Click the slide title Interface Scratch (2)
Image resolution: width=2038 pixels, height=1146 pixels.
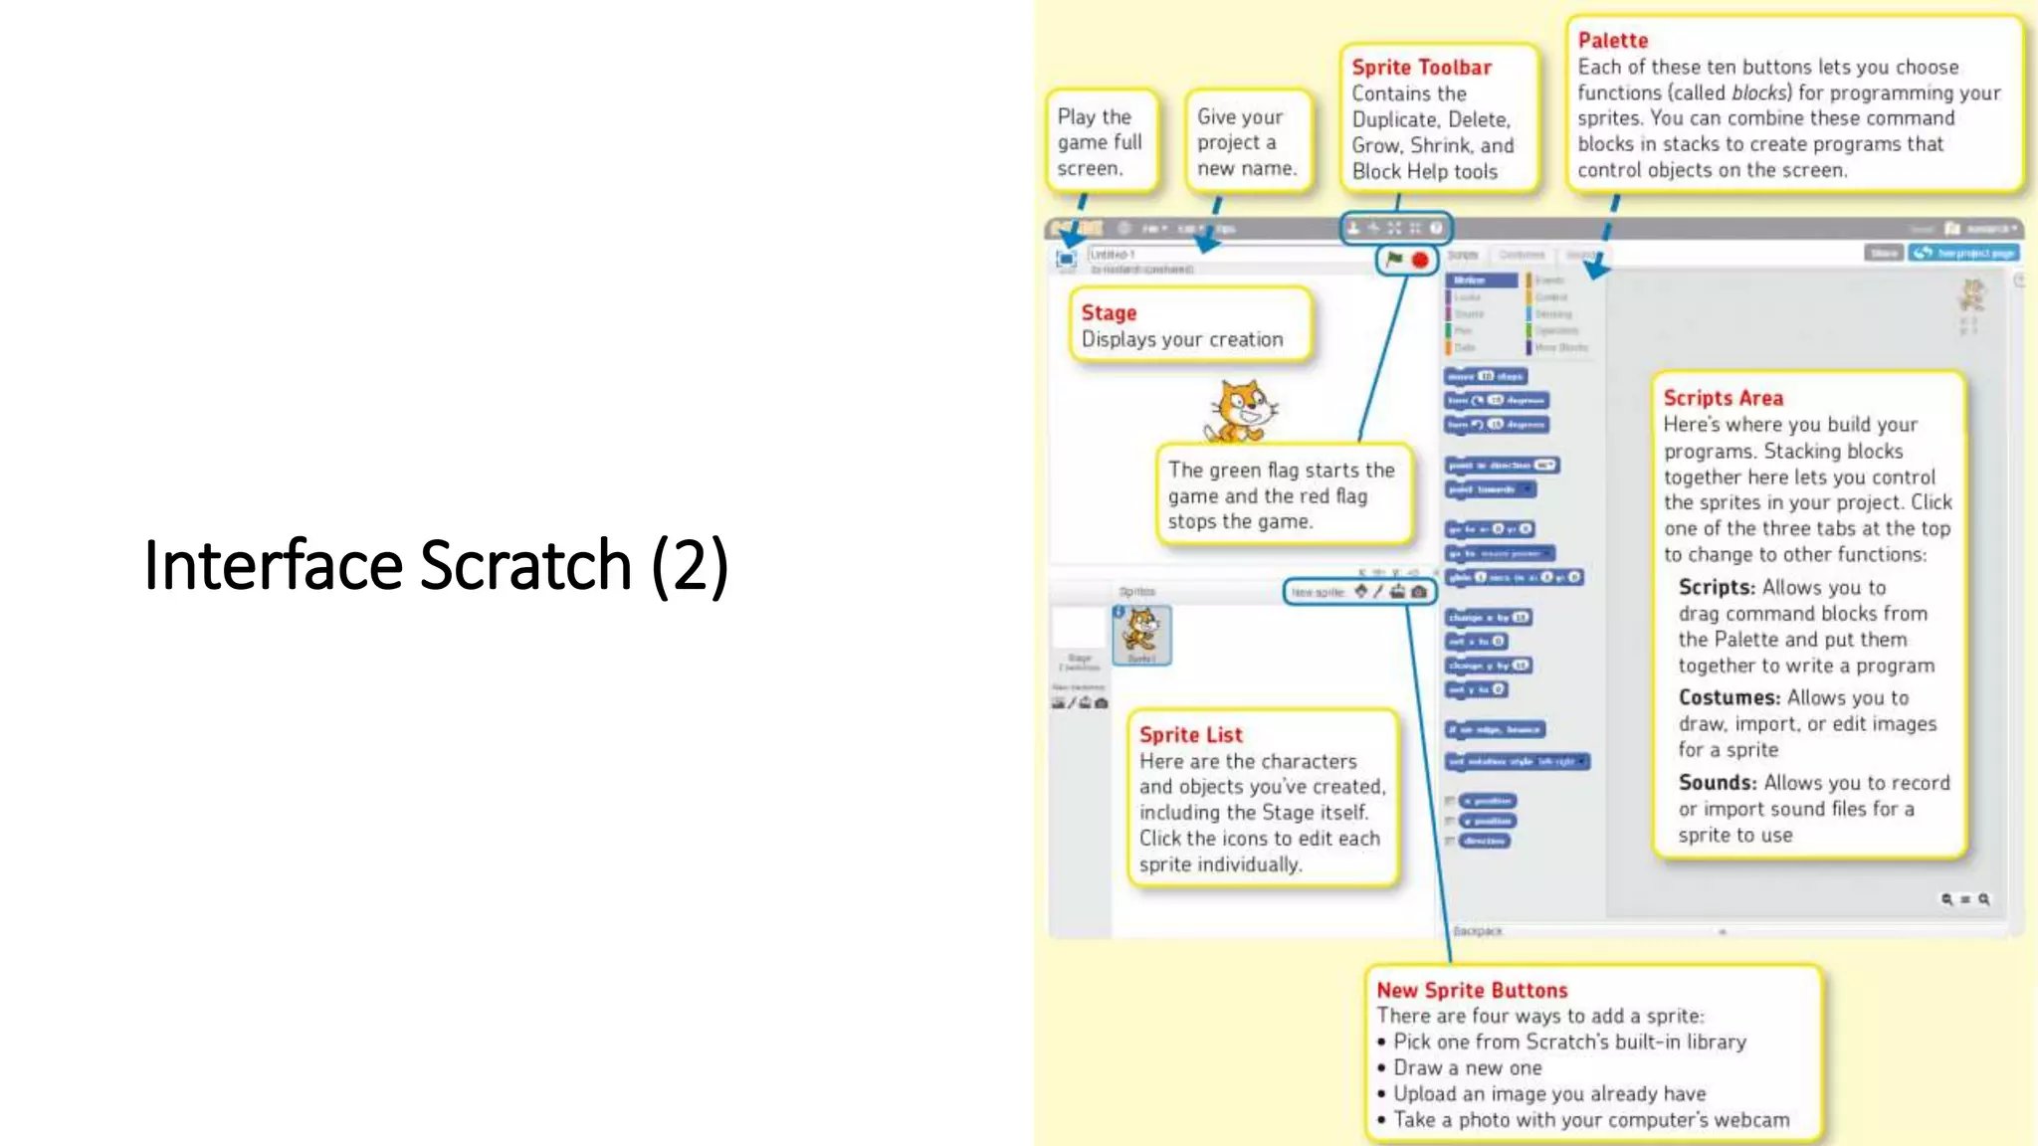pos(436,565)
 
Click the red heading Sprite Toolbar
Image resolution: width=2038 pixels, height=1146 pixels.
pos(1421,68)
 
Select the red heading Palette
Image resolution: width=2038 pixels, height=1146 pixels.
pos(1612,41)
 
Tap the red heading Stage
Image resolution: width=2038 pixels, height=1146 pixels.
pos(1109,313)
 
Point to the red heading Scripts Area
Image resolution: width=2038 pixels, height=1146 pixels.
pos(1723,398)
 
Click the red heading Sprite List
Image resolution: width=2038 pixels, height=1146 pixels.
pos(1190,735)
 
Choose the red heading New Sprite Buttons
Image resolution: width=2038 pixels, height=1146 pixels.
pos(1471,991)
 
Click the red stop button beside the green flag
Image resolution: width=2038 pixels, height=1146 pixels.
pos(1420,261)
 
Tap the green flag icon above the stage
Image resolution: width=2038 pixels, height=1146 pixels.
pos(1394,260)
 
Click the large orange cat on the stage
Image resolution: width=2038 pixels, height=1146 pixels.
pos(1240,411)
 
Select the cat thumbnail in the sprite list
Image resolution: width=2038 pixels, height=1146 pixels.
pos(1141,634)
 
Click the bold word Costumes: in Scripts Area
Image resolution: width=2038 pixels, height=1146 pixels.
pos(1729,698)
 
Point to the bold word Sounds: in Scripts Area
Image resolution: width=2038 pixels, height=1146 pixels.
pos(1717,783)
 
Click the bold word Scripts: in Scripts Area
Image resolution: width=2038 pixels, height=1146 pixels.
pos(1717,588)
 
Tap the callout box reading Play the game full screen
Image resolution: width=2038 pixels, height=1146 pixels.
pos(1100,142)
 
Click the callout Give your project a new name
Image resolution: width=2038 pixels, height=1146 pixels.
pos(1246,142)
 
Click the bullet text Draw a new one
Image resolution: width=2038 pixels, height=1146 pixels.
pos(1467,1068)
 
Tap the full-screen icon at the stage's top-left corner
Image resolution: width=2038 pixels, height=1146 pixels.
pos(1066,260)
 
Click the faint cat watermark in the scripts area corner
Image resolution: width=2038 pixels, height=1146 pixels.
pos(1969,297)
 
